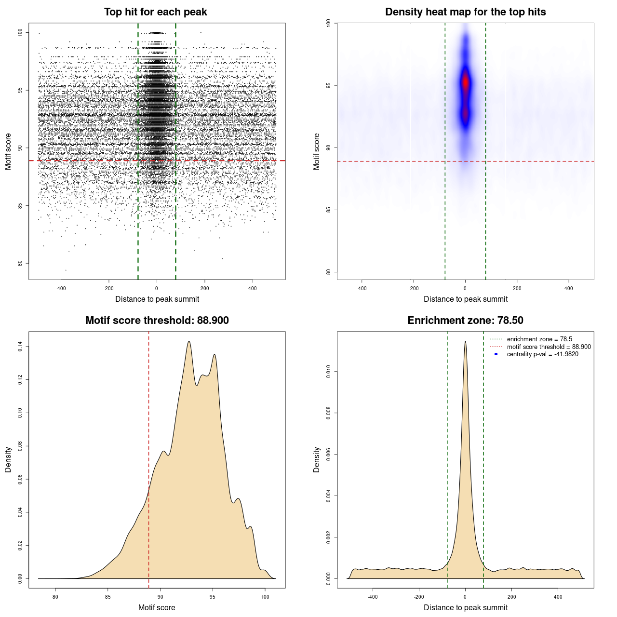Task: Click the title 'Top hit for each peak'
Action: click(x=155, y=12)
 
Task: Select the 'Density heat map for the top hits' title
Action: click(x=465, y=12)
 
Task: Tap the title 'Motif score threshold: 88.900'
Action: click(x=157, y=321)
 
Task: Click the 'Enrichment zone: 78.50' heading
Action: click(x=465, y=321)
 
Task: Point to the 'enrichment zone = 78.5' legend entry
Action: click(x=539, y=339)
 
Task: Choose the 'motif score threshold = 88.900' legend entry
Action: click(x=549, y=347)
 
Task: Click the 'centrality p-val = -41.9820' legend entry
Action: click(x=542, y=354)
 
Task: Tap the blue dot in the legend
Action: click(x=496, y=354)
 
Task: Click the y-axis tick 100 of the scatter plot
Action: click(x=20, y=33)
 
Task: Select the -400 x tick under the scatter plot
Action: click(x=61, y=288)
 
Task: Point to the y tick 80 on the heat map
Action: click(x=329, y=272)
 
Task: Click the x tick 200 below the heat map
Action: click(x=517, y=288)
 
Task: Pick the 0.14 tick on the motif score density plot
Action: click(x=20, y=347)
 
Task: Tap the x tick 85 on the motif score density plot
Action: click(x=108, y=597)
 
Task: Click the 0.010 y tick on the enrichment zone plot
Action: click(x=329, y=372)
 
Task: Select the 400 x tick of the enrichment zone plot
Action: click(x=558, y=597)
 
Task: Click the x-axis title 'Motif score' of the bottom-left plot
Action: click(x=157, y=607)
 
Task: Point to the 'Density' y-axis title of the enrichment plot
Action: click(x=317, y=459)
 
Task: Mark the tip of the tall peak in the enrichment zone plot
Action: click(x=465, y=341)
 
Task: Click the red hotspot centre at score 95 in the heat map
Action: click(x=466, y=83)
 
